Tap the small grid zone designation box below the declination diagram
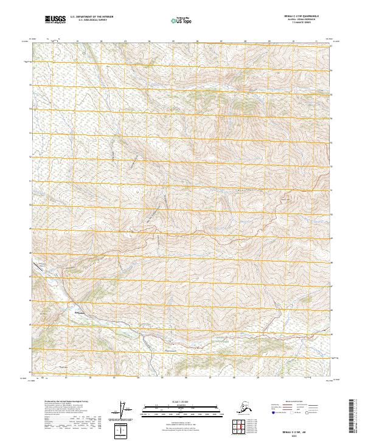[124, 431]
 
